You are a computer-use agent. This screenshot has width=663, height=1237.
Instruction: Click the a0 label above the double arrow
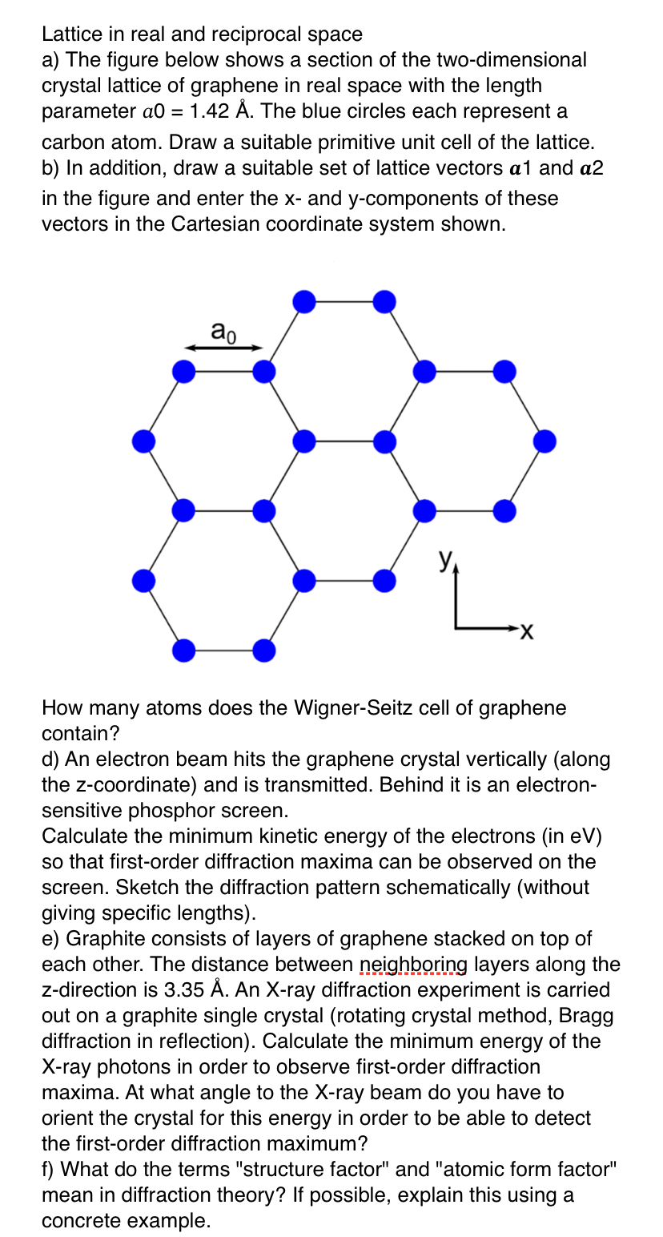coord(223,330)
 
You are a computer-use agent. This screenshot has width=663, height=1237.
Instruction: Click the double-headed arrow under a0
coord(223,348)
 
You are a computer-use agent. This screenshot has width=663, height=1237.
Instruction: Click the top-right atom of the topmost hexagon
coord(384,302)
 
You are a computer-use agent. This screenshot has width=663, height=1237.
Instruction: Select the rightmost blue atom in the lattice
coord(544,441)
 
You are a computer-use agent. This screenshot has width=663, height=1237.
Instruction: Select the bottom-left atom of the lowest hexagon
coord(183,650)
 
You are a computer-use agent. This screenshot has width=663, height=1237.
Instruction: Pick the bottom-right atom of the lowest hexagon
coord(263,650)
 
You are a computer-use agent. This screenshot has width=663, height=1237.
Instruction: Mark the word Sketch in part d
coord(70,888)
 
